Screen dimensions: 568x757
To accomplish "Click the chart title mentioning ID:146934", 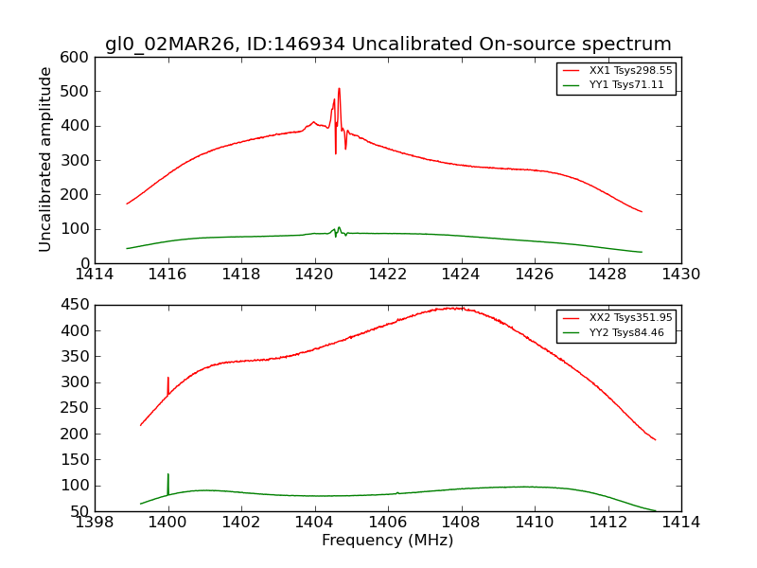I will (388, 44).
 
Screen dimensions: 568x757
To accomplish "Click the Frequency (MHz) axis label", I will (388, 541).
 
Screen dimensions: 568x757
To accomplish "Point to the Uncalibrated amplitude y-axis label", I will (45, 159).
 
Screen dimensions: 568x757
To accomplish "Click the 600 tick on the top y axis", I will (79, 58).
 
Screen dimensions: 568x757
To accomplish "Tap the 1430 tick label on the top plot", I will (680, 274).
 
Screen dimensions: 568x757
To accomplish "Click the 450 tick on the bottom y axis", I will (79, 305).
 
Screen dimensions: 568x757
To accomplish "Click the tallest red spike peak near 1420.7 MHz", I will (339, 89).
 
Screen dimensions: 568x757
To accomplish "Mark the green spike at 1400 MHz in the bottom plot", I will (168, 475).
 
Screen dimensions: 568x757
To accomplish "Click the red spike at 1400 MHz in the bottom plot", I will (168, 379).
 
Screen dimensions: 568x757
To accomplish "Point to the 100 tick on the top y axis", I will (79, 229).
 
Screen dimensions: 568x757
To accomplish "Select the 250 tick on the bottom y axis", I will (79, 408).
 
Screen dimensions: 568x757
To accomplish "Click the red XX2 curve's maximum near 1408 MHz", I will (455, 308).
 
